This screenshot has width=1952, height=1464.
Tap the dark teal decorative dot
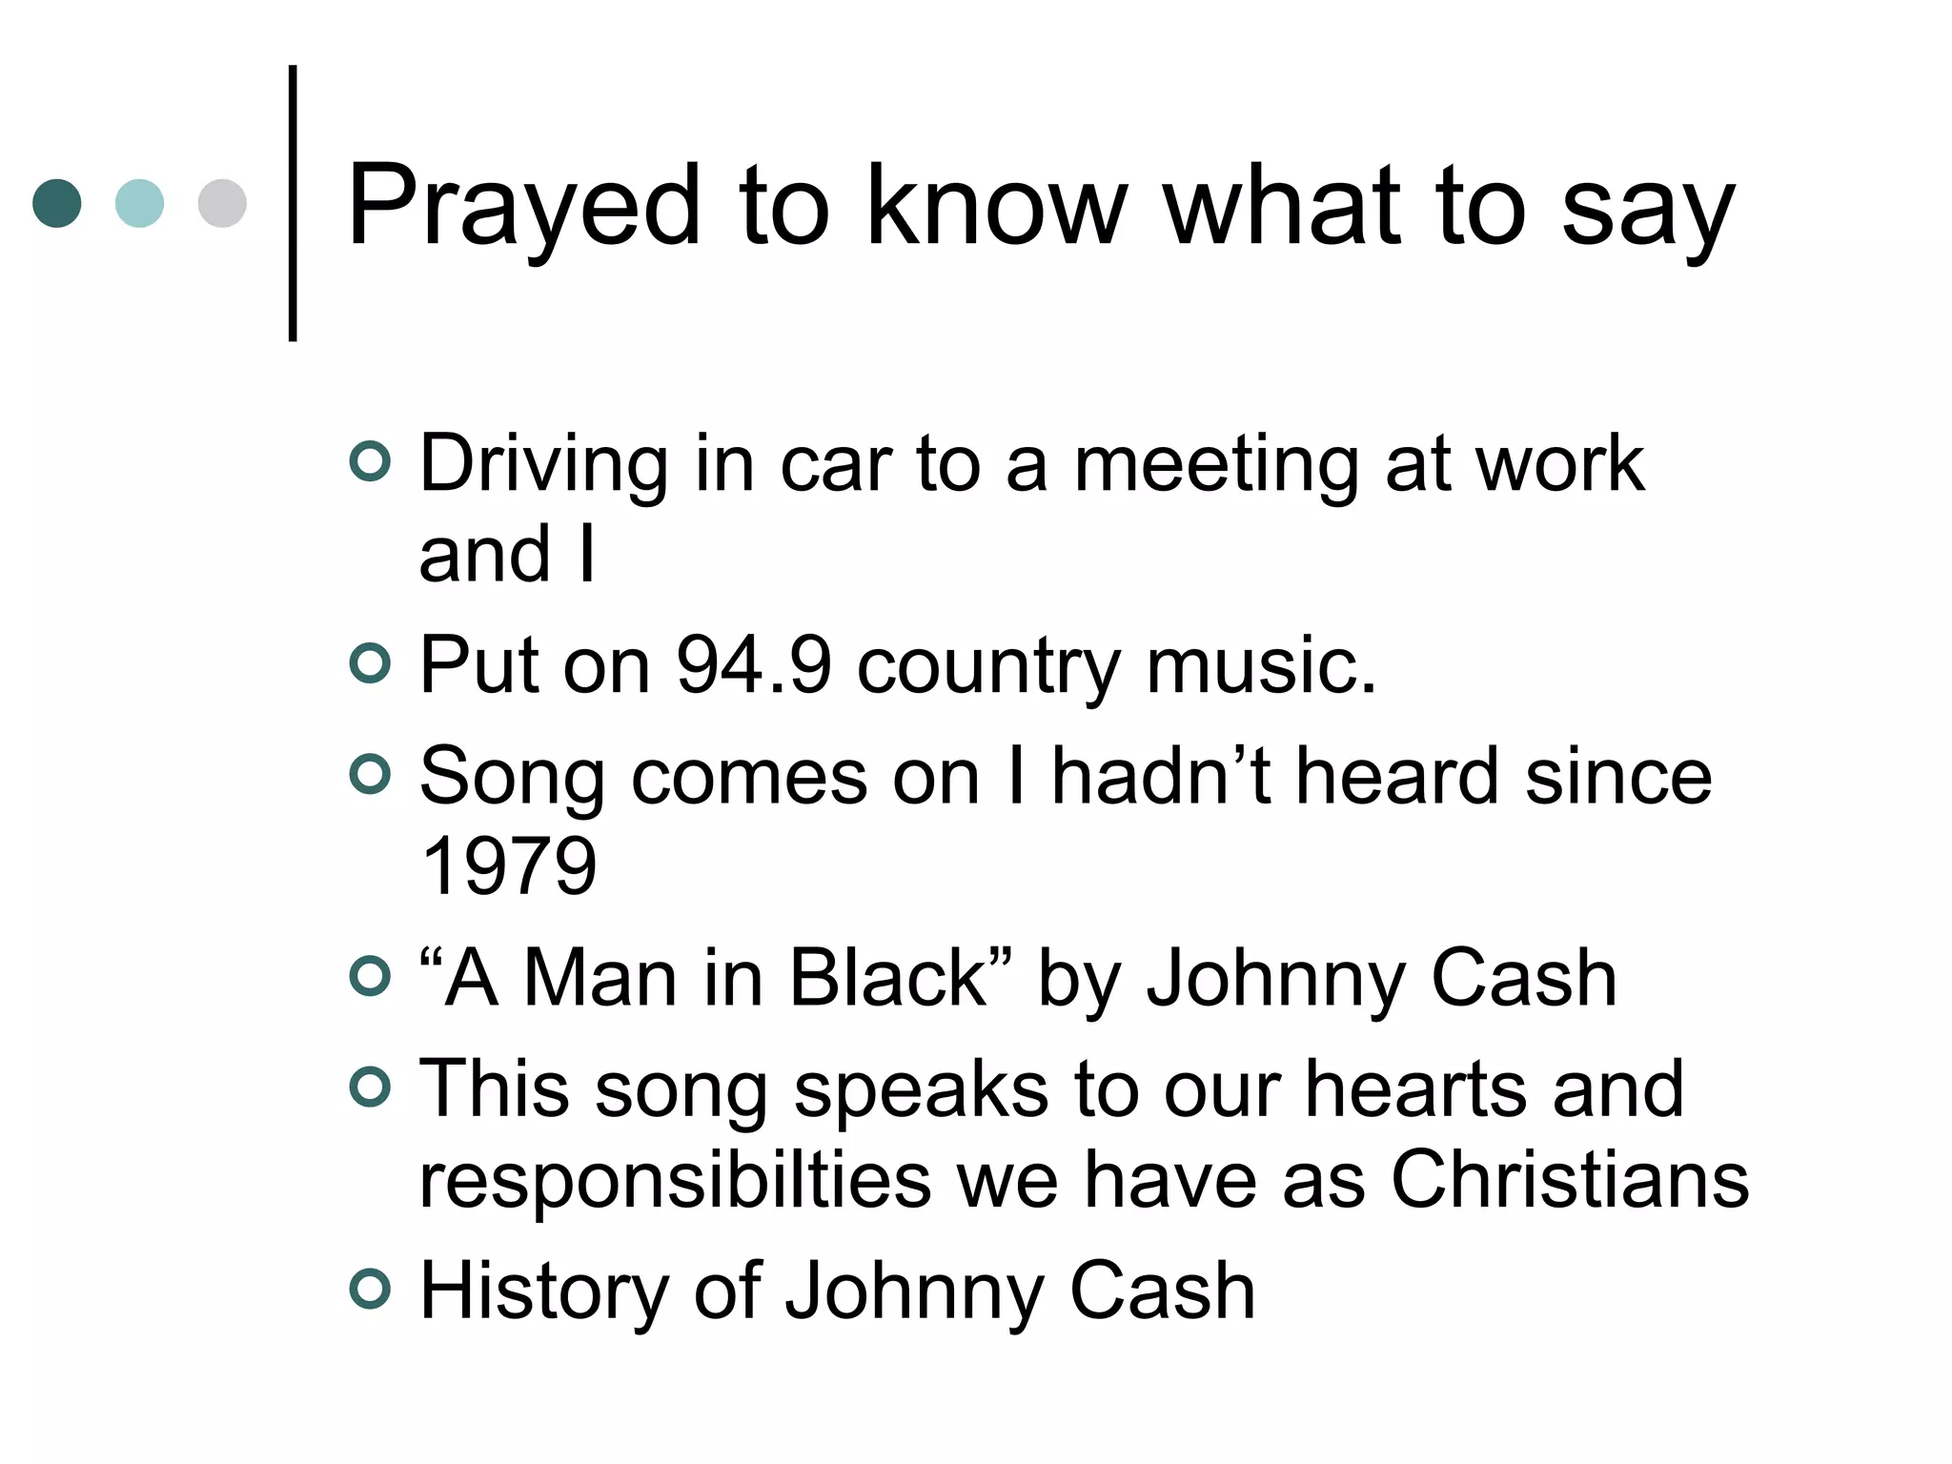tap(57, 203)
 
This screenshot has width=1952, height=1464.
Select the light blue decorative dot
tap(139, 203)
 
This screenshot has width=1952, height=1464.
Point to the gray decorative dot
tap(222, 203)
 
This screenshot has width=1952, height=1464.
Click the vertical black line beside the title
tap(293, 203)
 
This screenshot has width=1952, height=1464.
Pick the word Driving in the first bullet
tap(543, 465)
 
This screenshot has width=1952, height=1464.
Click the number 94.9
tap(754, 664)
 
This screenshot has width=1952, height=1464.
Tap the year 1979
tap(508, 865)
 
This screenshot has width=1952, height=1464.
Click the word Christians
tap(1570, 1179)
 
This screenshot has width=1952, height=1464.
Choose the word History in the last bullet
tap(543, 1291)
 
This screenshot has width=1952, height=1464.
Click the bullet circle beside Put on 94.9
tap(371, 664)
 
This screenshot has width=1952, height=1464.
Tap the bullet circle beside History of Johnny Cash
tap(371, 1290)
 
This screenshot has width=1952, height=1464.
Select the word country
tap(988, 666)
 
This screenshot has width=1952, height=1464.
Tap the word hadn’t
tap(1161, 776)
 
